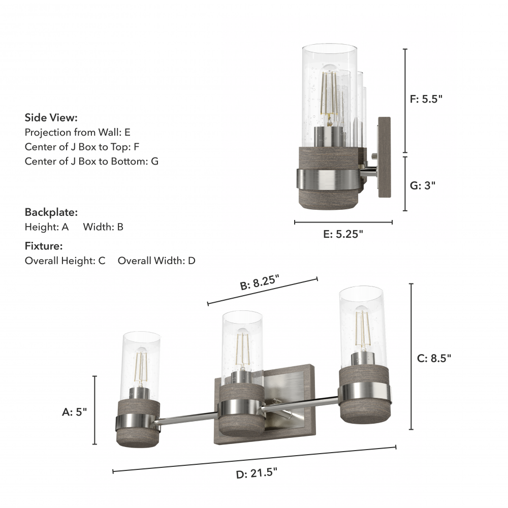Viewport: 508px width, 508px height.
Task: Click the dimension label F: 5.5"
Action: click(x=426, y=99)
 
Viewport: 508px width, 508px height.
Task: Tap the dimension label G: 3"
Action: click(x=423, y=185)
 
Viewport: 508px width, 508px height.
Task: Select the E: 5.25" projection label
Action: click(x=343, y=234)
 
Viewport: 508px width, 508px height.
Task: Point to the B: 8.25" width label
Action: click(x=260, y=282)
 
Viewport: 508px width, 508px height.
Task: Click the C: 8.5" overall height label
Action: click(x=434, y=358)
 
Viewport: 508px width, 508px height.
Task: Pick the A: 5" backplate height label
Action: click(x=75, y=412)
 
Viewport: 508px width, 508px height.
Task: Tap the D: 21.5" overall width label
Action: click(x=257, y=473)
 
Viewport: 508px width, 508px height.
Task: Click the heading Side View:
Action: click(x=51, y=118)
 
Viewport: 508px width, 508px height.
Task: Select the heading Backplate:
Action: click(x=51, y=212)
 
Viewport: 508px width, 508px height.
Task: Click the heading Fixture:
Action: click(x=44, y=246)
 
